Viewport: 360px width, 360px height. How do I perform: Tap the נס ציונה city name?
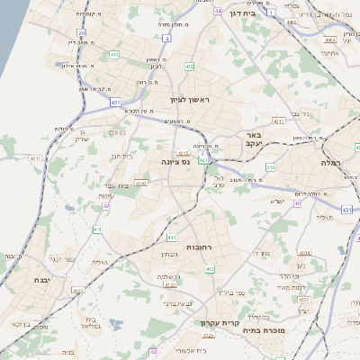coord(175,162)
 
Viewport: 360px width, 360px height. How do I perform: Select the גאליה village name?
coord(99,262)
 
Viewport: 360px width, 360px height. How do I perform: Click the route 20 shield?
coord(81,32)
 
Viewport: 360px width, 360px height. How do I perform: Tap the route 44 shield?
coord(219,11)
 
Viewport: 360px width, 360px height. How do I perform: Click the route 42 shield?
coord(106,206)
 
